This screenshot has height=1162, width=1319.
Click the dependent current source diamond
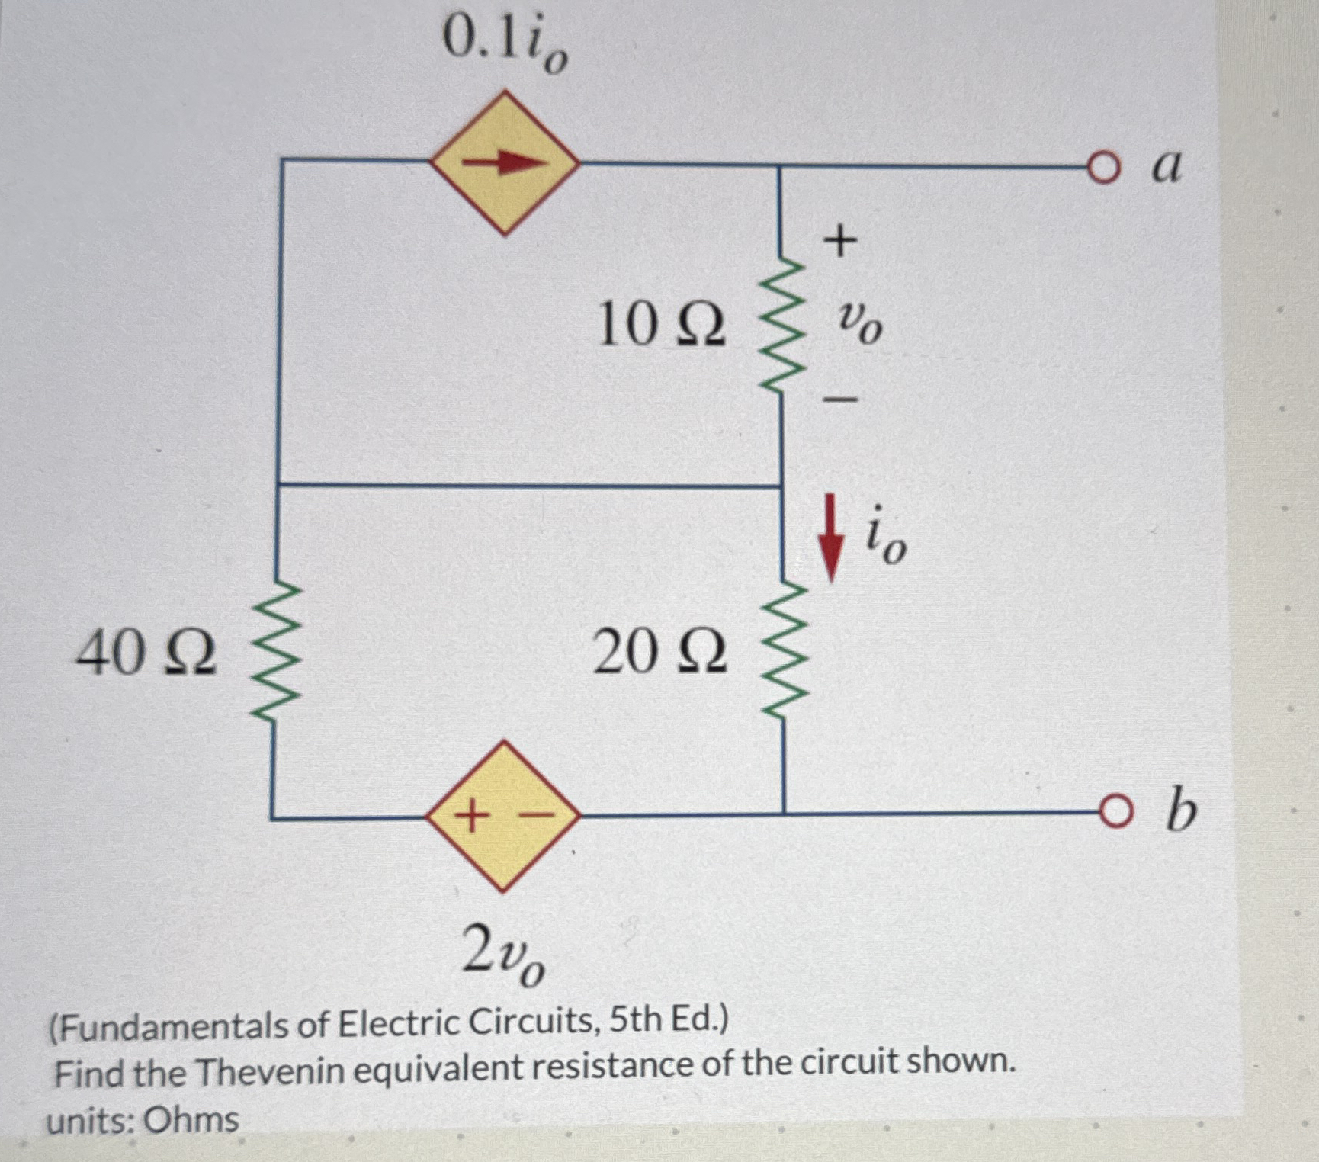(504, 162)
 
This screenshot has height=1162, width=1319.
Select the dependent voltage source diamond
(504, 816)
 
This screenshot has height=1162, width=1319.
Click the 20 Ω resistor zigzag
(782, 651)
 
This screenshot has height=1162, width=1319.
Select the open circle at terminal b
(1114, 813)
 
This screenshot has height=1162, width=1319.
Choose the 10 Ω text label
(660, 325)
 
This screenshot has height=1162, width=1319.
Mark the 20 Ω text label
(660, 653)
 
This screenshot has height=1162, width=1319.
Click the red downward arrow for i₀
(831, 538)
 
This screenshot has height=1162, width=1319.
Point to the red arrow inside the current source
(504, 162)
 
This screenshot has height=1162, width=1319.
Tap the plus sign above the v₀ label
(840, 241)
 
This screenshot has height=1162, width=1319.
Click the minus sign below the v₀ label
(840, 398)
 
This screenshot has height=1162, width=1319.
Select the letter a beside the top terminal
(1167, 166)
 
